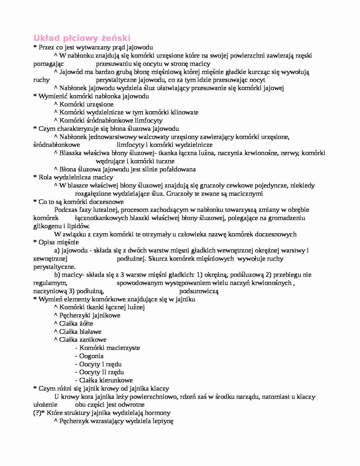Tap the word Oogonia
click(91, 356)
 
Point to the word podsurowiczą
click(199, 291)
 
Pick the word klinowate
click(184, 112)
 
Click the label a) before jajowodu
click(57, 251)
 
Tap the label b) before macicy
click(57, 275)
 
